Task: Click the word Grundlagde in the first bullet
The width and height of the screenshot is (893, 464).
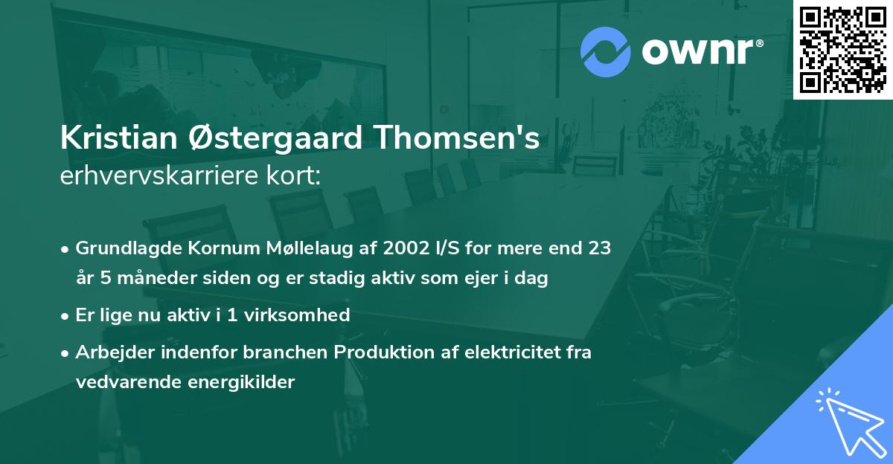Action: point(122,248)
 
